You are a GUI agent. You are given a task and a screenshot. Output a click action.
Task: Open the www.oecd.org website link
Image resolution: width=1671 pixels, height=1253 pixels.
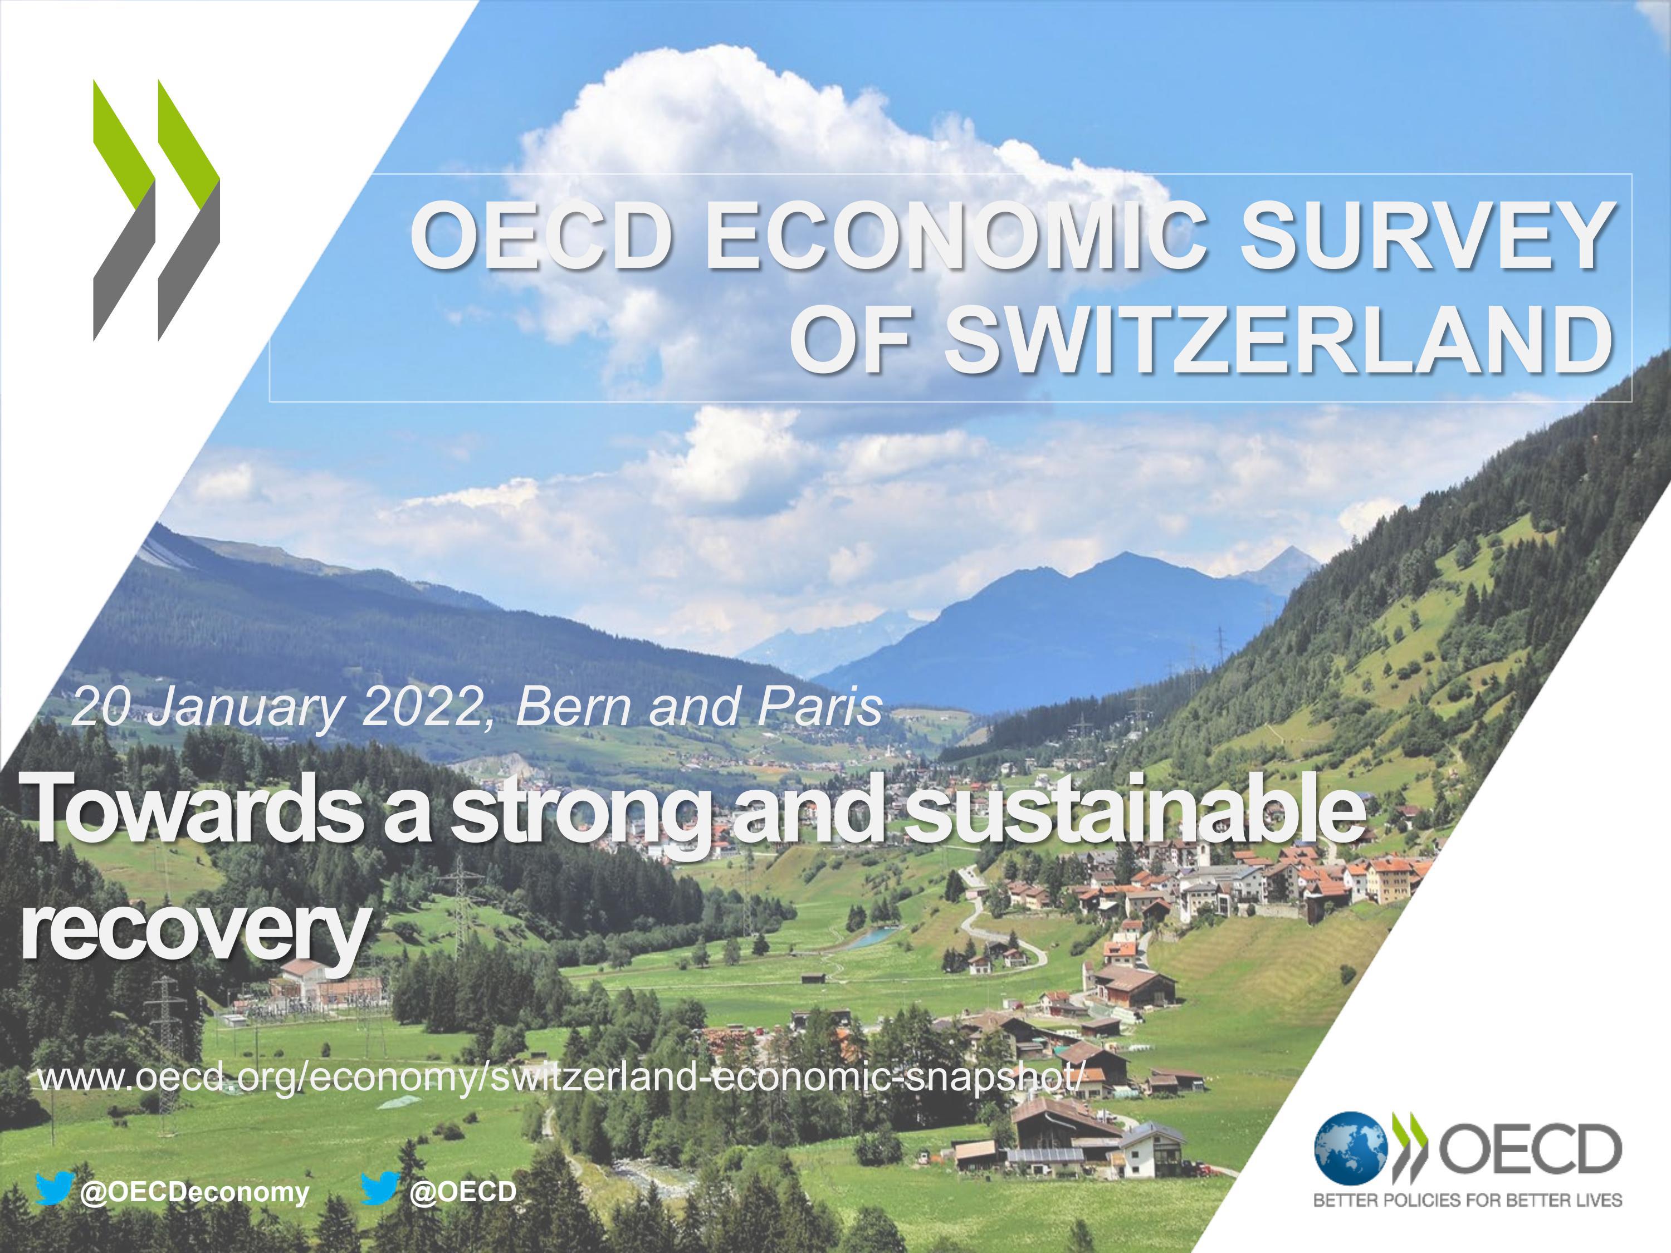[x=560, y=1078]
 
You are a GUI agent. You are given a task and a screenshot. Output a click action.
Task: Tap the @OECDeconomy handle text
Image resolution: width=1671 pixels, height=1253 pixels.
[x=194, y=1192]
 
